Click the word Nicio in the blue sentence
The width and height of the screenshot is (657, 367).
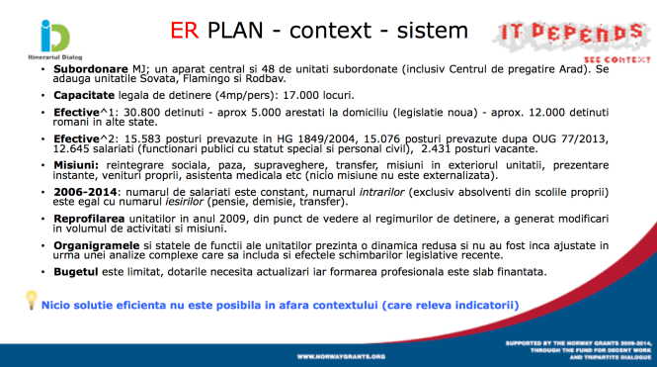(60, 306)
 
